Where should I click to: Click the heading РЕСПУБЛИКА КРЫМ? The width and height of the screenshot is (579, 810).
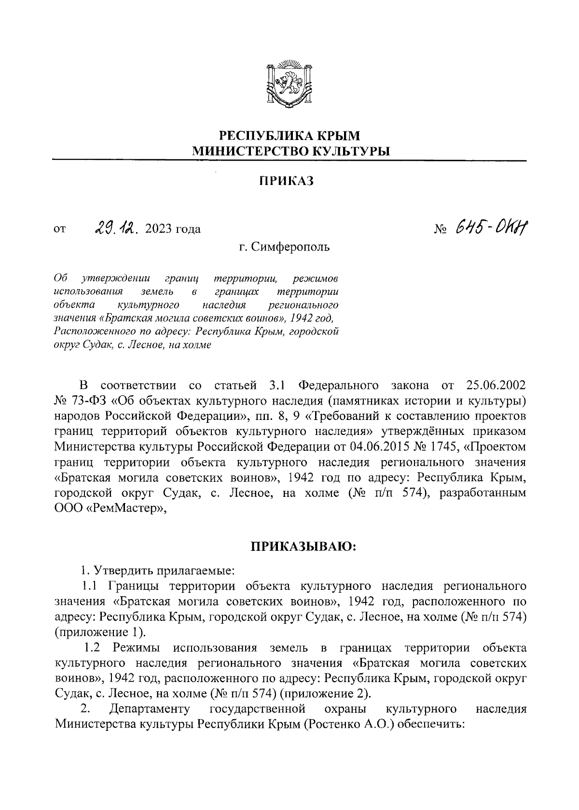(289, 136)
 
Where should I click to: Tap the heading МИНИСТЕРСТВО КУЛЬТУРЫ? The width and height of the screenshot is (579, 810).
(289, 152)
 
